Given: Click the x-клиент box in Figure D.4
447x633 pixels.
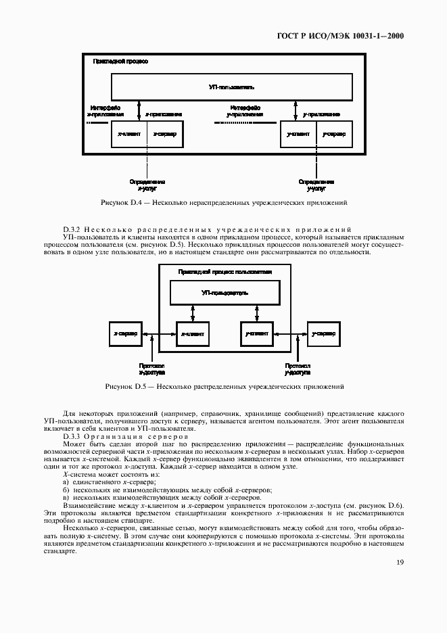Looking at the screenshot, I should [x=130, y=135].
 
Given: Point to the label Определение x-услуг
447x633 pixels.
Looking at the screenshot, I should [x=147, y=185].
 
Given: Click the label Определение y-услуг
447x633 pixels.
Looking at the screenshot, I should [x=316, y=185].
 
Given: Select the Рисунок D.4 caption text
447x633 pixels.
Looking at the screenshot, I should [x=223, y=202].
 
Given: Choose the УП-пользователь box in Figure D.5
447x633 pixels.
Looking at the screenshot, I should [x=225, y=293].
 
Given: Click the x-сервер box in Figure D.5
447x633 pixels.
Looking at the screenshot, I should [x=125, y=334].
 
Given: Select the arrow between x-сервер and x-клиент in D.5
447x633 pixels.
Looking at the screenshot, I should [x=159, y=334].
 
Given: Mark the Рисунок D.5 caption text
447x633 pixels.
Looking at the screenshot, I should [x=223, y=387].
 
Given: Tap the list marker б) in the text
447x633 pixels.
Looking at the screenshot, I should [x=66, y=489].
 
